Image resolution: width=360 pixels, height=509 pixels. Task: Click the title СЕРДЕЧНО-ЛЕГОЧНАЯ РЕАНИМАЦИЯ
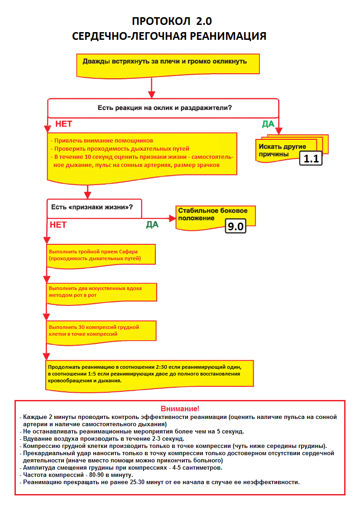(169, 37)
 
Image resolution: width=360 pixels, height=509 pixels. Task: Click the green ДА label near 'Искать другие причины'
(268, 124)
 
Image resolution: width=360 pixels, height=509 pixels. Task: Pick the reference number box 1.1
(311, 158)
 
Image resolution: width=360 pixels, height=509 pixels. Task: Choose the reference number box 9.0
(235, 226)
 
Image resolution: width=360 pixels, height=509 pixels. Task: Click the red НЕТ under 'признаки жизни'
(58, 224)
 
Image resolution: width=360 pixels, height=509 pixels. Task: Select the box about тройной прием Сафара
(101, 255)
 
